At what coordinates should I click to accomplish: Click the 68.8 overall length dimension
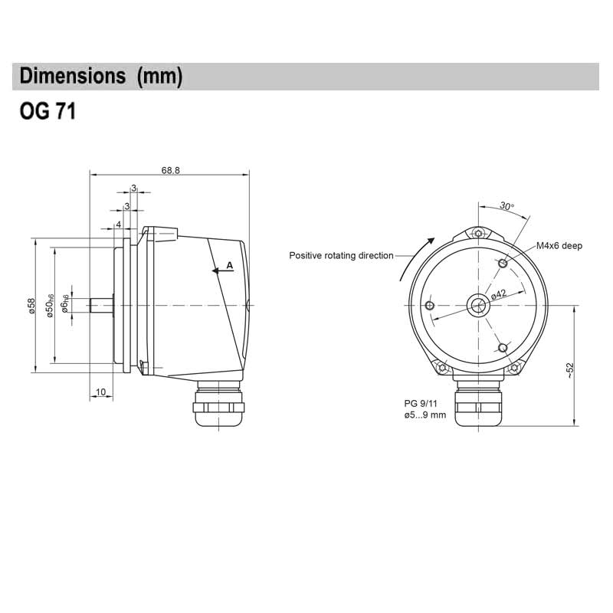[x=171, y=170]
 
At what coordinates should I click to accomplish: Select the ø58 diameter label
[x=32, y=305]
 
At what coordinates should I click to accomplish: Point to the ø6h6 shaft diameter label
[x=67, y=304]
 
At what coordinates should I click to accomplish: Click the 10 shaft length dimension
[x=100, y=392]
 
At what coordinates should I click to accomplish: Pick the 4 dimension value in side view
[x=118, y=225]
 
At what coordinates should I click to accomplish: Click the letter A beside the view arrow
[x=229, y=265]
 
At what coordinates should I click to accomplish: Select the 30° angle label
[x=506, y=206]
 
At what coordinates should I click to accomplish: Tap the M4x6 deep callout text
[x=559, y=245]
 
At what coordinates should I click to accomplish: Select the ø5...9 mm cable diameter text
[x=425, y=415]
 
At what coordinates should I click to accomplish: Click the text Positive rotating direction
[x=341, y=256]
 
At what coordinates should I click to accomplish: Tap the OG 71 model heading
[x=47, y=113]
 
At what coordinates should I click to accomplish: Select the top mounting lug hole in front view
[x=479, y=234]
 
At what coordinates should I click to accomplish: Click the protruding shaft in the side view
[x=100, y=305]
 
